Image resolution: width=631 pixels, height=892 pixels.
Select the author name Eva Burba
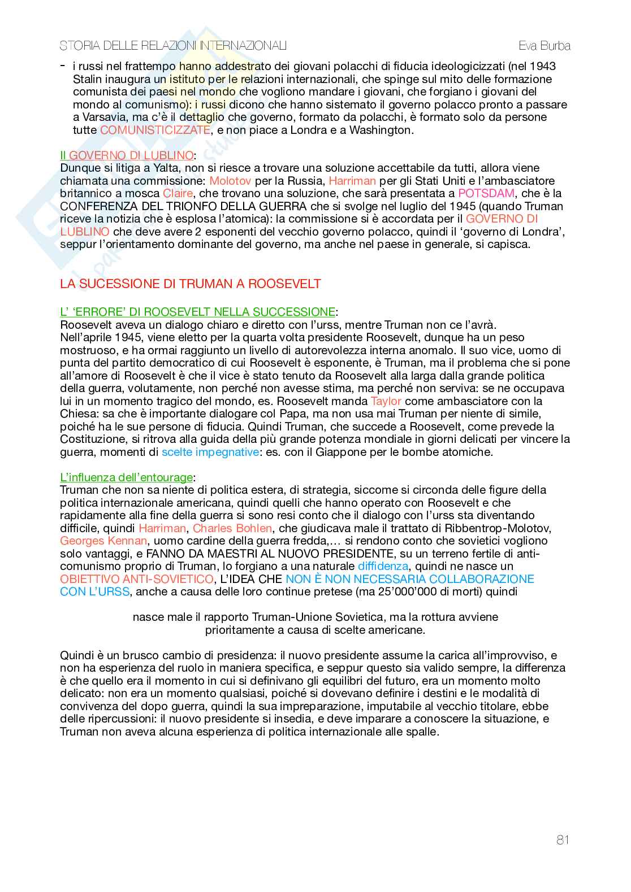pos(544,46)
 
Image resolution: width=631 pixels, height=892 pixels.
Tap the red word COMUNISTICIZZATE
pos(155,130)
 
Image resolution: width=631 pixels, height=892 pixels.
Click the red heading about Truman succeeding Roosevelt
pos(191,284)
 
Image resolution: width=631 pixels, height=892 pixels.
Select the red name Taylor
pos(386,401)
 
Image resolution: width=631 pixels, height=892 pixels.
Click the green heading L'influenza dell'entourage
pos(126,477)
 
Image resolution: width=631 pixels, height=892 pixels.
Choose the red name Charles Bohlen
pos(232,528)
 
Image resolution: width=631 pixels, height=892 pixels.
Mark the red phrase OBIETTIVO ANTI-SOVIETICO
pos(137,579)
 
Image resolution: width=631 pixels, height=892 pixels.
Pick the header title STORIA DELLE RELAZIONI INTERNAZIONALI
pos(174,46)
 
